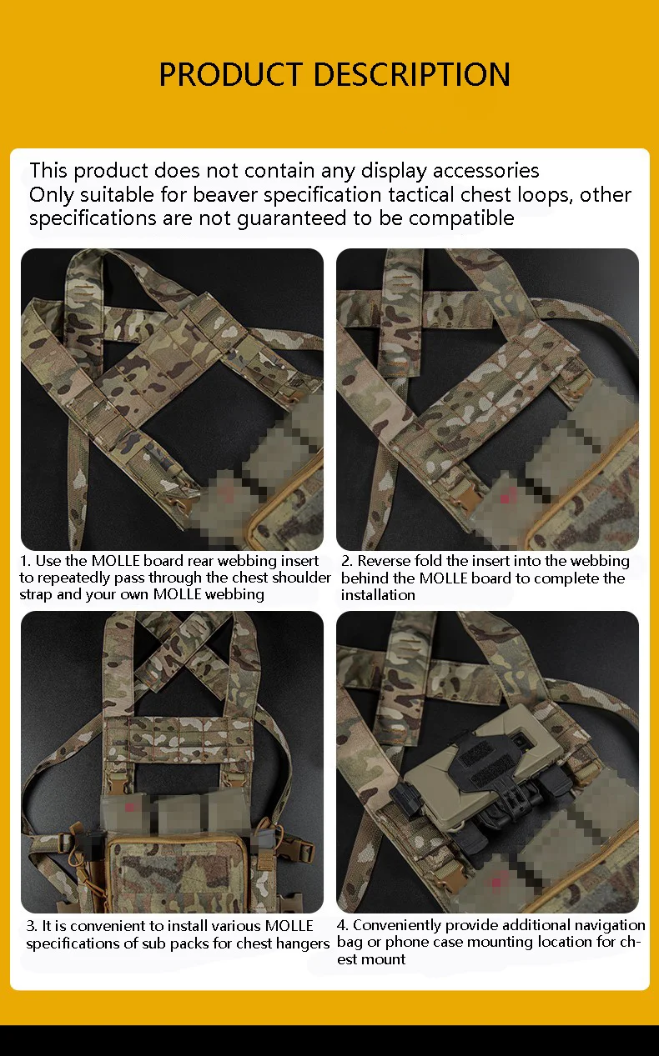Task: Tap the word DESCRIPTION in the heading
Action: pos(411,74)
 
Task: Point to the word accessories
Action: pos(485,171)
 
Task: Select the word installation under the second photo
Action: pos(378,595)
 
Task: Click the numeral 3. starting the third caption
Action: pos(32,926)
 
